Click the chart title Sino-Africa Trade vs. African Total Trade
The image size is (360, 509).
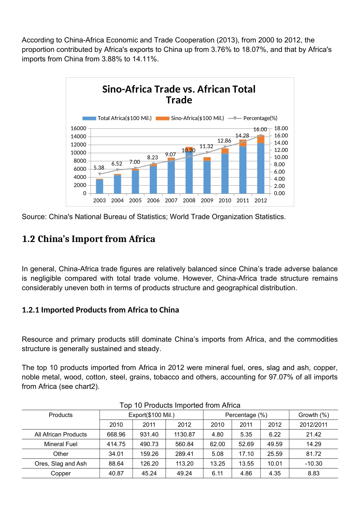179,95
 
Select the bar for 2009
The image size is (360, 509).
207,176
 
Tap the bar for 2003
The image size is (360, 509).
100,186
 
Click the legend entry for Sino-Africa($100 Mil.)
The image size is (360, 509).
190,118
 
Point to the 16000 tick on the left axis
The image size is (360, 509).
78,128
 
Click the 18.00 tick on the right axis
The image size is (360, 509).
281,128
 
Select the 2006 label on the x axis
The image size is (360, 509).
153,200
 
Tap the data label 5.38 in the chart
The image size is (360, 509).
99,167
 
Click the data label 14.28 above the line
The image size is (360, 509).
242,136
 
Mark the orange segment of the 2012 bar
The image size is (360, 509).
261,139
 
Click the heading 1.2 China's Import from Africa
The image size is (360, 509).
89,239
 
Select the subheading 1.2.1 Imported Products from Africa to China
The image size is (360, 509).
100,310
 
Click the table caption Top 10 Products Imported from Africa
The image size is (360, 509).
180,405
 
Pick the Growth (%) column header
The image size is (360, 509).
313,415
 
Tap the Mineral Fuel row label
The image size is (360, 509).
61,444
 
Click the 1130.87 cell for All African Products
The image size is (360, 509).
185,434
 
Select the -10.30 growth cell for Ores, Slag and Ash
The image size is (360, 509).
313,464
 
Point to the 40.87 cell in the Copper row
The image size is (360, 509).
116,473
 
